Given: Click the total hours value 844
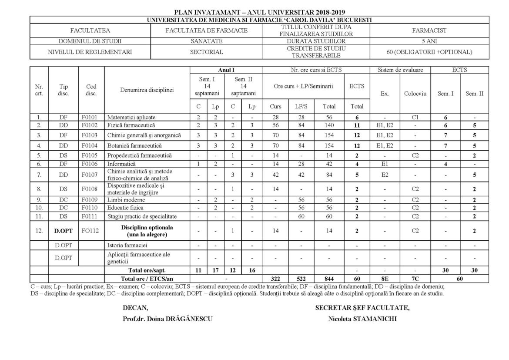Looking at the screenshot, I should pyautogui.click(x=329, y=278).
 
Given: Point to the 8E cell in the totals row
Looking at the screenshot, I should pyautogui.click(x=385, y=278).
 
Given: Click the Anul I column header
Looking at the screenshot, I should pyautogui.click(x=226, y=70).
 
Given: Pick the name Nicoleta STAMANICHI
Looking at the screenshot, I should pyautogui.click(x=363, y=318).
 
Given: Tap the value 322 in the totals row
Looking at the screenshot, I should pyautogui.click(x=276, y=278).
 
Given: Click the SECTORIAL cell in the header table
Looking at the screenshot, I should pyautogui.click(x=206, y=52).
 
